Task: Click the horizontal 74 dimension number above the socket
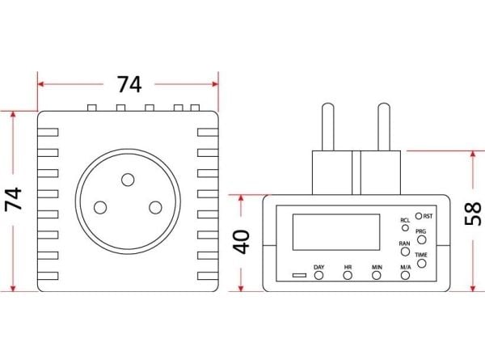pyautogui.click(x=129, y=84)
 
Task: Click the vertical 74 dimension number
pyautogui.click(x=14, y=199)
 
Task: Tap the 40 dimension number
pyautogui.click(x=241, y=242)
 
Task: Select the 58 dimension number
pyautogui.click(x=473, y=214)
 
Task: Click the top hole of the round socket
pyautogui.click(x=128, y=180)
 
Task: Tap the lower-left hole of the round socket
pyautogui.click(x=100, y=207)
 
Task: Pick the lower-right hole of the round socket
pyautogui.click(x=155, y=207)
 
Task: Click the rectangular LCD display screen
pyautogui.click(x=336, y=232)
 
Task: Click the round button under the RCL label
pyautogui.click(x=405, y=228)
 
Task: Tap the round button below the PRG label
pyautogui.click(x=422, y=239)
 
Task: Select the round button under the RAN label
pyautogui.click(x=405, y=252)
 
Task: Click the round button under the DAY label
pyautogui.click(x=319, y=275)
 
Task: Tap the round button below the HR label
pyautogui.click(x=348, y=275)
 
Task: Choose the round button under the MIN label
pyautogui.click(x=377, y=275)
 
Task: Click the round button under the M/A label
pyautogui.click(x=405, y=275)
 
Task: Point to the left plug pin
pyautogui.click(x=328, y=127)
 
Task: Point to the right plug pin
pyautogui.click(x=384, y=127)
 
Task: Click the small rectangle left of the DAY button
pyautogui.click(x=299, y=275)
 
